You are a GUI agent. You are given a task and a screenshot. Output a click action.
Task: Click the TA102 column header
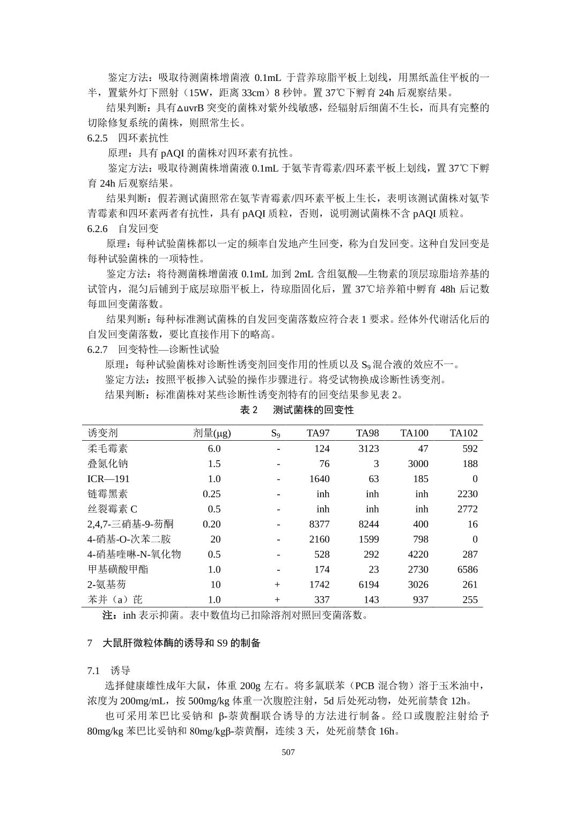click(x=463, y=433)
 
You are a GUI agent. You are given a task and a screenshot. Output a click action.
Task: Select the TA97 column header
click(x=318, y=433)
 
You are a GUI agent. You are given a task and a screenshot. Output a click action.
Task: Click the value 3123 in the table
click(x=368, y=448)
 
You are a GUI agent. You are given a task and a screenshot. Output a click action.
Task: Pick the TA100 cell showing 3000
click(x=418, y=464)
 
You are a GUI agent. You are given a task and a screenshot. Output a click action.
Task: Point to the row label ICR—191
click(x=108, y=479)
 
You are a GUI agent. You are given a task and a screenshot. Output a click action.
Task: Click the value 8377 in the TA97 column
click(x=319, y=524)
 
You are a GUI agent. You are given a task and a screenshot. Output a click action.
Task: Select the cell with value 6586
click(x=467, y=569)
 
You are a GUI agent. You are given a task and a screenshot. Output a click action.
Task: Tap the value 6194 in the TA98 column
click(x=368, y=584)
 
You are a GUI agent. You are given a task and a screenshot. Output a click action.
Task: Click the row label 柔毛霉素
click(x=107, y=448)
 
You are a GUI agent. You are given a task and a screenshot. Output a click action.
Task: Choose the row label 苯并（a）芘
click(x=115, y=599)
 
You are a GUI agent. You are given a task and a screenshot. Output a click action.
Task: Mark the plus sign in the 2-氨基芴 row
click(x=277, y=584)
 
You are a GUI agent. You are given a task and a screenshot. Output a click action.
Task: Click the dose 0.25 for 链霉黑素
click(x=212, y=494)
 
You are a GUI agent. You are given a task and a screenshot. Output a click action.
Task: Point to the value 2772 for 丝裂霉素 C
click(x=467, y=509)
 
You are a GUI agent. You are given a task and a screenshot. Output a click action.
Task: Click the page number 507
click(x=288, y=752)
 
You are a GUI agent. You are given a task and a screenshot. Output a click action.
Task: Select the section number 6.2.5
click(x=98, y=138)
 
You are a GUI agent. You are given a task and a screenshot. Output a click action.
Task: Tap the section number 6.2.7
click(x=98, y=350)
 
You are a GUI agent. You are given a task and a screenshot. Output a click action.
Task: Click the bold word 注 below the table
click(x=108, y=615)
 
